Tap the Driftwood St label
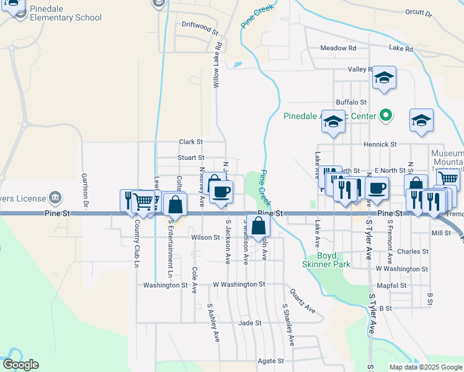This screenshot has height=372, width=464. click(x=200, y=29)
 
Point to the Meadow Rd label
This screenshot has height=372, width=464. click(x=338, y=48)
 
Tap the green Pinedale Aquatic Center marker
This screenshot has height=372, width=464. click(x=386, y=115)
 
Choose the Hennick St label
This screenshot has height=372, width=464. click(x=381, y=144)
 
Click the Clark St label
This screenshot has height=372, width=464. click(x=191, y=142)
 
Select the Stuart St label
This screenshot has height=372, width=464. click(x=190, y=158)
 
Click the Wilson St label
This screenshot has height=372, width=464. click(x=205, y=237)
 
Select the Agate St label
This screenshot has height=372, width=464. click(x=271, y=360)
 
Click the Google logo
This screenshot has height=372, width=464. click(x=20, y=365)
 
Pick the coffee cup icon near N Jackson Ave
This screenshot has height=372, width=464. click(x=220, y=192)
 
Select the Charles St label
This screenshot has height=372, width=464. click(x=413, y=252)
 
